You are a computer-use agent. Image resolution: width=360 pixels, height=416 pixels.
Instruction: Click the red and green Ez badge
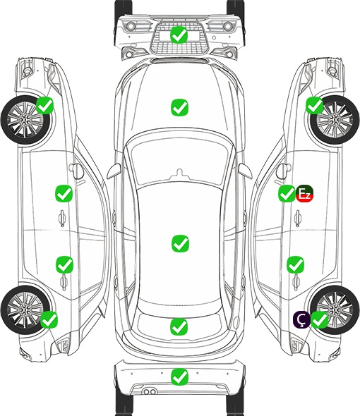point(305,193)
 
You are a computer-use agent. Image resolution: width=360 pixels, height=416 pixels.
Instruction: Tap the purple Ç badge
point(301,319)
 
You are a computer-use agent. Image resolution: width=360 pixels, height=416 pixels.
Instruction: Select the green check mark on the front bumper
point(179,35)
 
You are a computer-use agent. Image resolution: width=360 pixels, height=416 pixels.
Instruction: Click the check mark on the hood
point(179,107)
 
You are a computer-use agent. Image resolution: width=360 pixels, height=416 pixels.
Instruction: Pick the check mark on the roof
point(180,243)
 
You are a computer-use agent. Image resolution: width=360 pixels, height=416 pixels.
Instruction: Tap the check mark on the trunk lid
point(179,326)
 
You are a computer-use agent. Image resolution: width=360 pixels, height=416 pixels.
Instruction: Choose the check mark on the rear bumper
point(179,377)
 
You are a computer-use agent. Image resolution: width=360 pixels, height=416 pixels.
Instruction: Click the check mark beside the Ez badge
point(287,193)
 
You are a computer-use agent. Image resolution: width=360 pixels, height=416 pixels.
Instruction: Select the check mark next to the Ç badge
point(319,319)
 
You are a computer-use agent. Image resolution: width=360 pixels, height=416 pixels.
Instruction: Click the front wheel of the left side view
point(26,120)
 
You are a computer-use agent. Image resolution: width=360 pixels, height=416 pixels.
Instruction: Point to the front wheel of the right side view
point(335,120)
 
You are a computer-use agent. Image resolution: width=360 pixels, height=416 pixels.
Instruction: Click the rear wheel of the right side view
point(335,310)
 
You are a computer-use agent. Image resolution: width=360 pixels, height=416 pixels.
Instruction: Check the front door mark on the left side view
point(64,193)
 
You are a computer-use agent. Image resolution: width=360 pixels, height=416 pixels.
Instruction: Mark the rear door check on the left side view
point(64,264)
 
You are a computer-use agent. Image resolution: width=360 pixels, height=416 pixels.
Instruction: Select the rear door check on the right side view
point(295,264)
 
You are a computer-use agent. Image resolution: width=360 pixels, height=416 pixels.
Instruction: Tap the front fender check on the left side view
point(45,105)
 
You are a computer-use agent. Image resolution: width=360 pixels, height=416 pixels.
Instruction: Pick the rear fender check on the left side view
point(49,319)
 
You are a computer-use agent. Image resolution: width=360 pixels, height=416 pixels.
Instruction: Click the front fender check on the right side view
point(315,105)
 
